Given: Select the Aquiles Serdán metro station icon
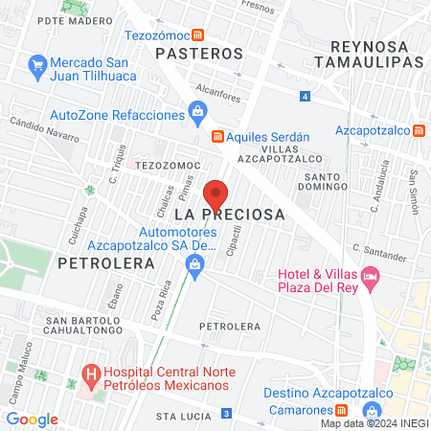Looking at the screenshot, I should point(218,135).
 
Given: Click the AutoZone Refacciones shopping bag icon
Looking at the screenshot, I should point(196,115).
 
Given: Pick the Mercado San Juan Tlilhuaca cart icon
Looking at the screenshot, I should point(38,65).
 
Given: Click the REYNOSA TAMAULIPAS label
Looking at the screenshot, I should point(375,54).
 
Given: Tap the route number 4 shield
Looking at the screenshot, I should point(304,97).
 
